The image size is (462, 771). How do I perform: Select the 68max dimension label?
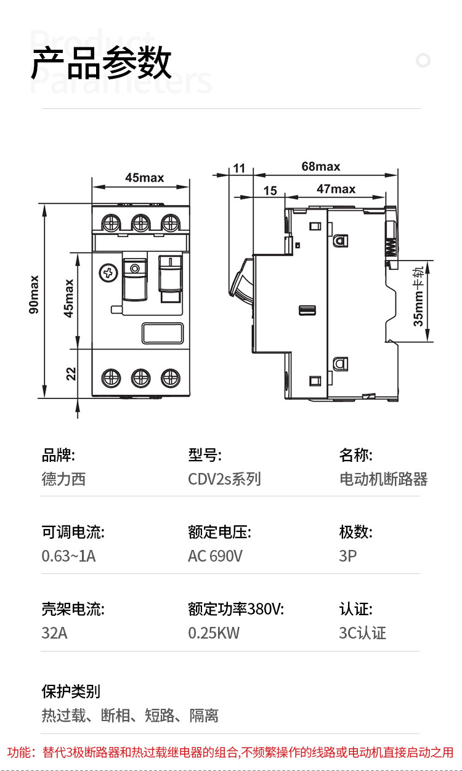320,166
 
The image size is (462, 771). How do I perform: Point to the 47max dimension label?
336,189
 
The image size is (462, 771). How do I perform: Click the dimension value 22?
71,373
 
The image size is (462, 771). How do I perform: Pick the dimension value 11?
239,168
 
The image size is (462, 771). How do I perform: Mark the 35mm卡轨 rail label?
419,301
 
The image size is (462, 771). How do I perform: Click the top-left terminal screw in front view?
111,222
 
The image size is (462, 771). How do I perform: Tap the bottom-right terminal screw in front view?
169,377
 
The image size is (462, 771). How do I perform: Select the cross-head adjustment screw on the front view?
108,272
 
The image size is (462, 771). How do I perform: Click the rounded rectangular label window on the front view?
163,333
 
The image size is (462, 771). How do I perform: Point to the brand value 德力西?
63,479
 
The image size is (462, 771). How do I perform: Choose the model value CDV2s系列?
224,479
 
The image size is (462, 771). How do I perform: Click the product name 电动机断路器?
383,479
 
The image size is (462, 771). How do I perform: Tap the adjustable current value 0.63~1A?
68,556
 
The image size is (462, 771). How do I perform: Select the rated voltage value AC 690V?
215,556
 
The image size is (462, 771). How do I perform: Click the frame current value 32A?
54,633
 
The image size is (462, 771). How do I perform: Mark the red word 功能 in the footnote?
20,752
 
